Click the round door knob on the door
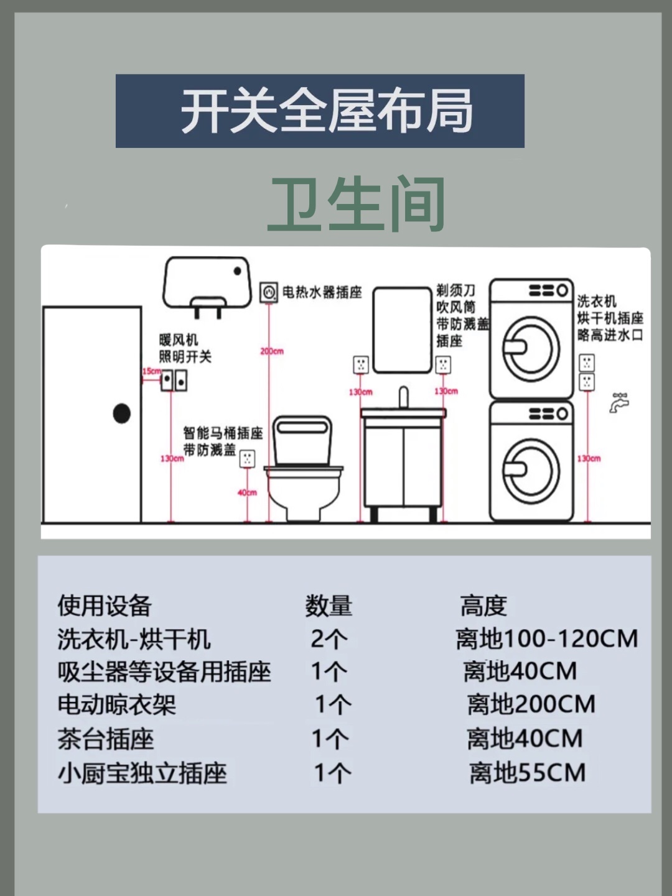pos(122,413)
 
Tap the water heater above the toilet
pos(207,283)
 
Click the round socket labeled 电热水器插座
pos(269,292)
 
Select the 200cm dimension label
pos(272,351)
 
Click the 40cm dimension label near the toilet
pos(247,492)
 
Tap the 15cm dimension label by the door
pos(151,371)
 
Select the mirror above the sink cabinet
pos(402,330)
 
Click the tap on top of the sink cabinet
pos(403,397)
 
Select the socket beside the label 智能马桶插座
pos(247,459)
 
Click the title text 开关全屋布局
pos(327,111)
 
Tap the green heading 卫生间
pos(356,204)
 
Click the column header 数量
pos(328,606)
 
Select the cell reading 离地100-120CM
pos(546,639)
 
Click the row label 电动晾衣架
pos(117,704)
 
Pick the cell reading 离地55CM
pos(528,773)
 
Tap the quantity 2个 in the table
pos(329,639)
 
